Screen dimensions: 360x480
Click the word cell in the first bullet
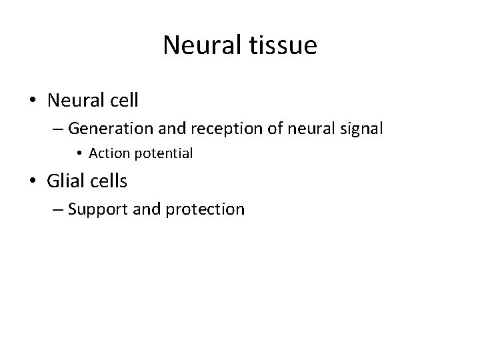coord(123,101)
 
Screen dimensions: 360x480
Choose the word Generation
coord(108,128)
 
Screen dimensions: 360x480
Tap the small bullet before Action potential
coord(79,154)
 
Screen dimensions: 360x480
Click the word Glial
coord(66,181)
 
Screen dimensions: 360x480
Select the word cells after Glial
coord(109,181)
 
